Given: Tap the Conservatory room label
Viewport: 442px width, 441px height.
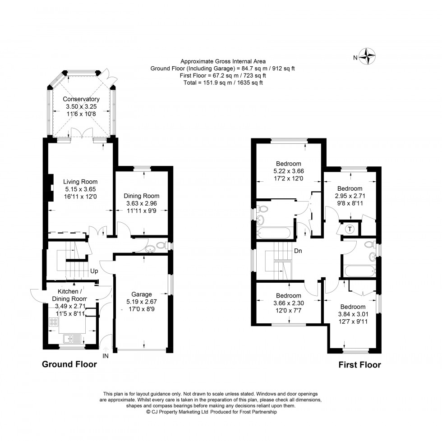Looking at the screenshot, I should click(x=81, y=99).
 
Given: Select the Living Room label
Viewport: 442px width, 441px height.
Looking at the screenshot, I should click(x=80, y=182).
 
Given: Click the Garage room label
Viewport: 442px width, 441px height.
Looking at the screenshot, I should click(x=142, y=294).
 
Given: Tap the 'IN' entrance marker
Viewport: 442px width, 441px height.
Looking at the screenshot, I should click(x=106, y=356).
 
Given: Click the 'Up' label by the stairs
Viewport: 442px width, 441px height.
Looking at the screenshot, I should click(x=94, y=271).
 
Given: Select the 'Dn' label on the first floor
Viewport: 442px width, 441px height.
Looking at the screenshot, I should click(x=298, y=251).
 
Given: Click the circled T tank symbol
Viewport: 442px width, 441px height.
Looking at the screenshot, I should click(x=349, y=229).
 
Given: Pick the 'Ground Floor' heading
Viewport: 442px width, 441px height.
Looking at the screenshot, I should click(x=69, y=364).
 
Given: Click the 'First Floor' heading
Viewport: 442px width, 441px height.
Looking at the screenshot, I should click(x=359, y=365).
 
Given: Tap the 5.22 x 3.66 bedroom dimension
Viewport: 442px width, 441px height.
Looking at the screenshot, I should click(x=289, y=171).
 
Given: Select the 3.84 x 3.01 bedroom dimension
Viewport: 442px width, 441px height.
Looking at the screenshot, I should click(x=353, y=315).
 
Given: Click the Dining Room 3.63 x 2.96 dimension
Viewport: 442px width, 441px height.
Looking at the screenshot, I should click(x=142, y=203).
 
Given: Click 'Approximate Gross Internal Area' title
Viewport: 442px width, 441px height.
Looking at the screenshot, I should click(x=223, y=61).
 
